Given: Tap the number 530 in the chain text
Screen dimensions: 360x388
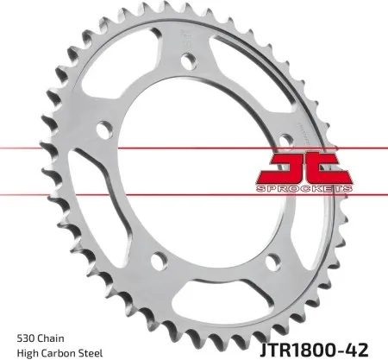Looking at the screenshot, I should (x=26, y=335).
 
